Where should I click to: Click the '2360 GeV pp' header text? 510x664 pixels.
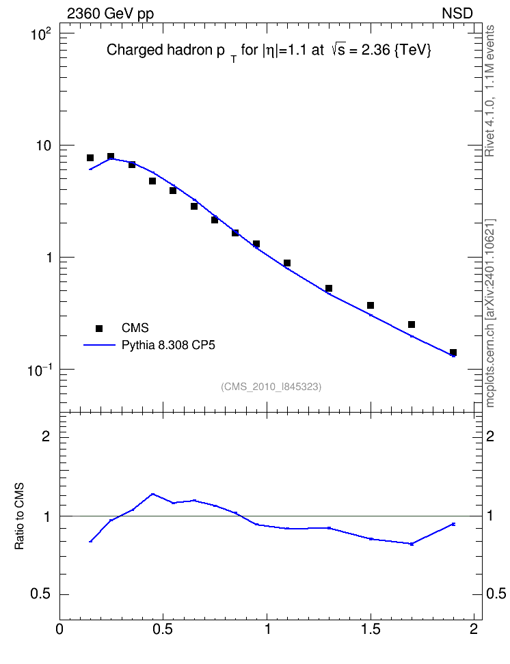[110, 14]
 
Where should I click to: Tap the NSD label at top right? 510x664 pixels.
[457, 14]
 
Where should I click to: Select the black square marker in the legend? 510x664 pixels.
[98, 328]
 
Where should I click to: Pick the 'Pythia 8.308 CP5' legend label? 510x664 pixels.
[168, 345]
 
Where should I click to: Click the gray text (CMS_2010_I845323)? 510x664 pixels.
[271, 387]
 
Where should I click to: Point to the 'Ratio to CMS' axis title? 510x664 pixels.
[20, 516]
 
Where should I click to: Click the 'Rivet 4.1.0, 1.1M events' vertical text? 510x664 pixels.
[489, 91]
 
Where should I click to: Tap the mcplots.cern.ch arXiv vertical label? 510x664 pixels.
[489, 313]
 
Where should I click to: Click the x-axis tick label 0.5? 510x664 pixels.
[163, 629]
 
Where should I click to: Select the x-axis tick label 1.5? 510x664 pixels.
[371, 629]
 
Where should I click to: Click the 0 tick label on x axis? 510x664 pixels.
[59, 629]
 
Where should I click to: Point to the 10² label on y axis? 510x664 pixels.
[40, 34]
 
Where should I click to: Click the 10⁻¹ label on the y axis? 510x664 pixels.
[39, 370]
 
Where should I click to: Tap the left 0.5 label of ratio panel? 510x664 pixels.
[40, 594]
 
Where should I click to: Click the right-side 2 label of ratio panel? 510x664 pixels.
[490, 436]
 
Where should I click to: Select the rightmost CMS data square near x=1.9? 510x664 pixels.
[453, 352]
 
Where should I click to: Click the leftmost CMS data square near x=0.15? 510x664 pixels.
[90, 158]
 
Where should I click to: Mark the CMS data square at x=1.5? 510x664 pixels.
[371, 305]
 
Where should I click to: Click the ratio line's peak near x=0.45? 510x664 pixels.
[152, 494]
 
